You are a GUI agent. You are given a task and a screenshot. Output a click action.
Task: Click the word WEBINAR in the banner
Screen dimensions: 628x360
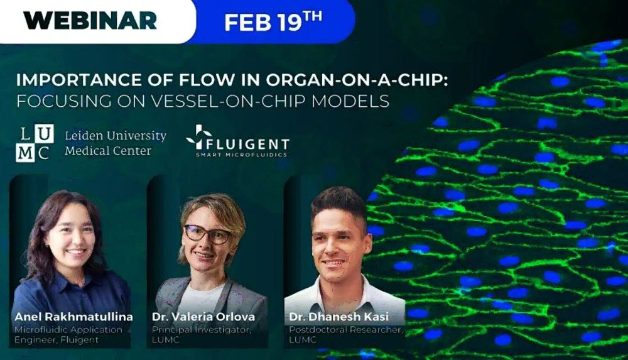pyautogui.click(x=90, y=20)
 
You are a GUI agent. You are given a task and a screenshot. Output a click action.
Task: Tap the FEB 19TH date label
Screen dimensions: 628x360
pyautogui.click(x=273, y=21)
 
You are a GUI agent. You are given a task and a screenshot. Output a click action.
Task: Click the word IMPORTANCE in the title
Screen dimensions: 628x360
pyautogui.click(x=79, y=80)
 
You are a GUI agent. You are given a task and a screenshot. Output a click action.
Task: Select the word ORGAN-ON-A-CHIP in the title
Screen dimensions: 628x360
pyautogui.click(x=357, y=80)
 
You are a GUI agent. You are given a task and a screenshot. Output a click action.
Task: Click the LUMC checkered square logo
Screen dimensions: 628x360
pyautogui.click(x=35, y=143)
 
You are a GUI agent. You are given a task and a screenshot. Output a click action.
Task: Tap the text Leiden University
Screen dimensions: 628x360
pyautogui.click(x=116, y=136)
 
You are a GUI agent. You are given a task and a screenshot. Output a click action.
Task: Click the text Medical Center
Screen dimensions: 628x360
pyautogui.click(x=108, y=151)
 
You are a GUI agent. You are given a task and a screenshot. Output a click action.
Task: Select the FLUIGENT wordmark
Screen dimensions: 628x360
pyautogui.click(x=247, y=144)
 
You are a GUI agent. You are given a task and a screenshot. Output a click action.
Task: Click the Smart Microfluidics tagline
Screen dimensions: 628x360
pyautogui.click(x=242, y=155)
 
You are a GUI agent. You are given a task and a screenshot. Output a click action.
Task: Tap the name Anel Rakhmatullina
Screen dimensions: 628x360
pyautogui.click(x=73, y=317)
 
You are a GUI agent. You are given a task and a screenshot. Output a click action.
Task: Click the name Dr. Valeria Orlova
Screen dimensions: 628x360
pyautogui.click(x=203, y=317)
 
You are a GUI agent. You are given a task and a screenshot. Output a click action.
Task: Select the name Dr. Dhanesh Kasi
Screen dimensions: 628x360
pyautogui.click(x=339, y=317)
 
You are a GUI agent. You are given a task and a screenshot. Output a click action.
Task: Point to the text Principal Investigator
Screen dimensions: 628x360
pyautogui.click(x=202, y=330)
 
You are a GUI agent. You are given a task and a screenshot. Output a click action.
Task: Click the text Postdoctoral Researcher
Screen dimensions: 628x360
pyautogui.click(x=345, y=330)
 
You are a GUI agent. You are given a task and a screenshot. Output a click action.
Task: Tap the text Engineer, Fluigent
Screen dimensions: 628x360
pyautogui.click(x=57, y=339)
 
